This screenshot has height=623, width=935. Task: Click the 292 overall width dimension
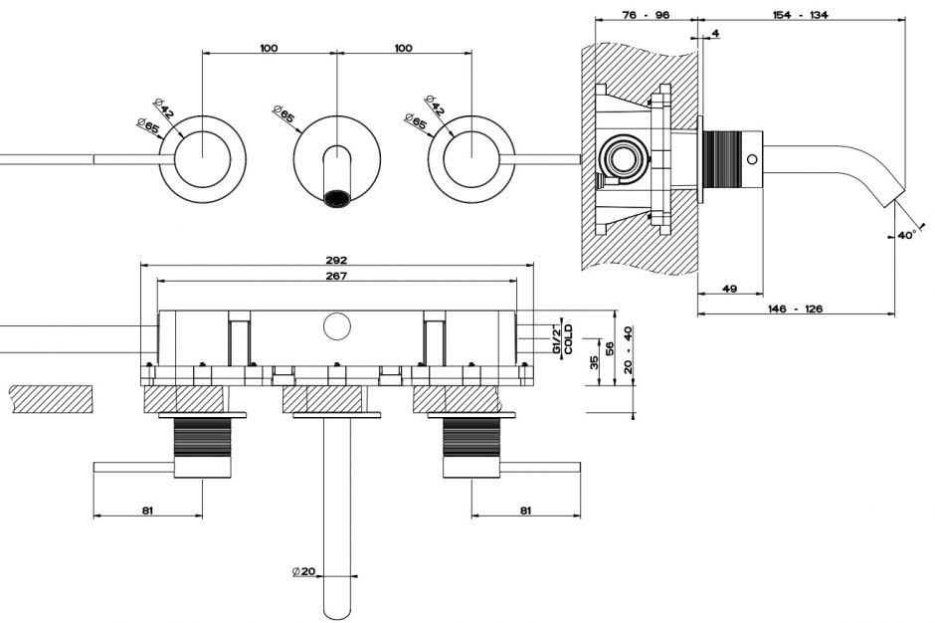(x=336, y=260)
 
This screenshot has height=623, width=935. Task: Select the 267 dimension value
(x=336, y=276)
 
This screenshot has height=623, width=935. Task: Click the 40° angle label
(x=904, y=236)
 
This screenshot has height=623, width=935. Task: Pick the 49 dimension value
(x=729, y=289)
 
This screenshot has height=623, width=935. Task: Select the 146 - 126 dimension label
(x=796, y=310)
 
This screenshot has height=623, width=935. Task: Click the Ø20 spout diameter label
(x=303, y=571)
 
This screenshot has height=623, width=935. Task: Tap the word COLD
(x=568, y=339)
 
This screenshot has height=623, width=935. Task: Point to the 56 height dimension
(x=611, y=348)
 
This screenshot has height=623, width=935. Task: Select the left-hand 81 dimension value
(x=147, y=511)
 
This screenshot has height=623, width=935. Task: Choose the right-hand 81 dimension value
(x=525, y=511)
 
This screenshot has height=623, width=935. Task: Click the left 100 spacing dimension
(x=269, y=48)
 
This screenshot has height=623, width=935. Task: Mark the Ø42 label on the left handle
(x=164, y=107)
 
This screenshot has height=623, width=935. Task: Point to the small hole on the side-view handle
(x=754, y=159)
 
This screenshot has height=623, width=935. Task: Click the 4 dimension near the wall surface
(x=715, y=34)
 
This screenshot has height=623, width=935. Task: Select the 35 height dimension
(x=594, y=362)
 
